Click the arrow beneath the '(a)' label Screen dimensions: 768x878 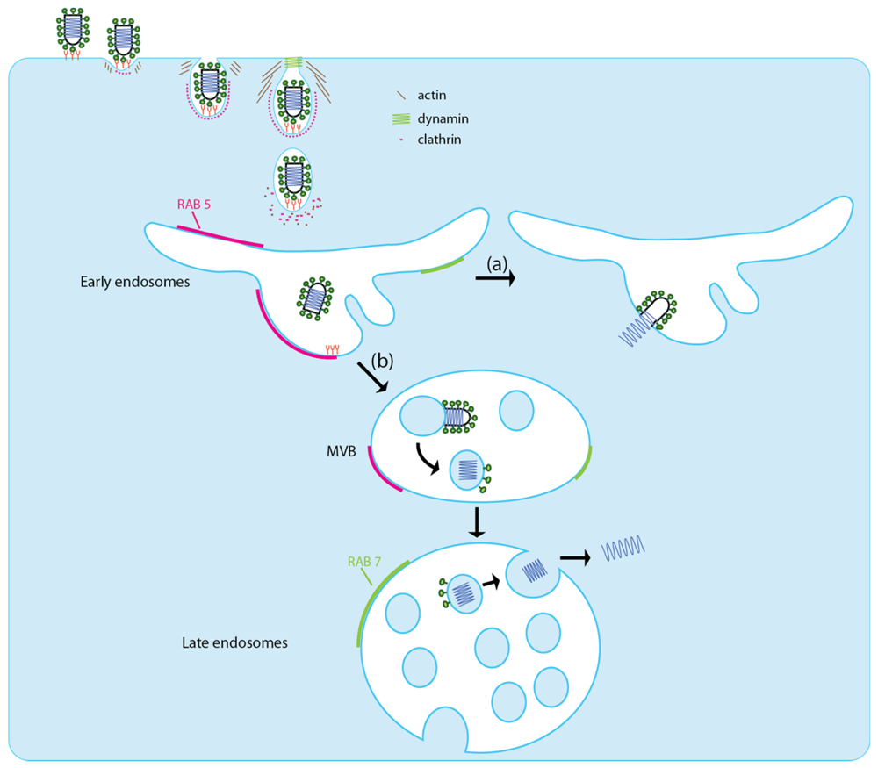tap(494, 279)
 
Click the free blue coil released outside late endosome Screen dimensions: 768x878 tap(623, 549)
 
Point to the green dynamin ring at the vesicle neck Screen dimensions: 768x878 tap(293, 62)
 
